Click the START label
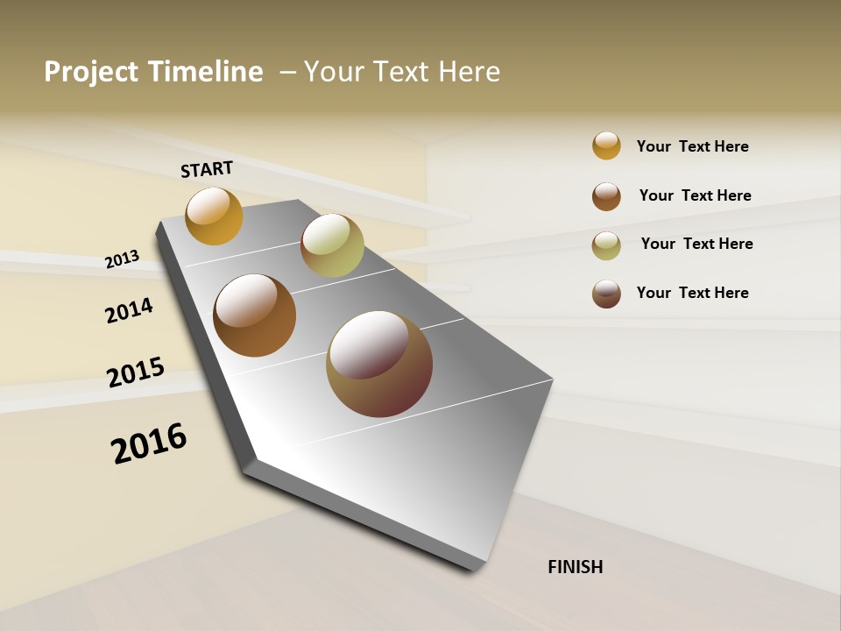(207, 169)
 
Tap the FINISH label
(575, 567)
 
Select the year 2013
(122, 259)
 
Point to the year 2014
(129, 311)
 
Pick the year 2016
(149, 443)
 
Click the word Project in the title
(92, 72)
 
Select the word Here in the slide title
(469, 72)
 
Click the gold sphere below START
(214, 216)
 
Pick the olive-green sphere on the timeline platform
(332, 245)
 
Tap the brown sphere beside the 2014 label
(254, 315)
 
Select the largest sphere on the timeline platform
(379, 364)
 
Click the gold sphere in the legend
(606, 145)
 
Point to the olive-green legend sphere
(606, 245)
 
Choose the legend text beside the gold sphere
(692, 146)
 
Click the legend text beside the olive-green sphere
(696, 244)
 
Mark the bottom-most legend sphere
(606, 294)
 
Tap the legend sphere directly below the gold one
(606, 196)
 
